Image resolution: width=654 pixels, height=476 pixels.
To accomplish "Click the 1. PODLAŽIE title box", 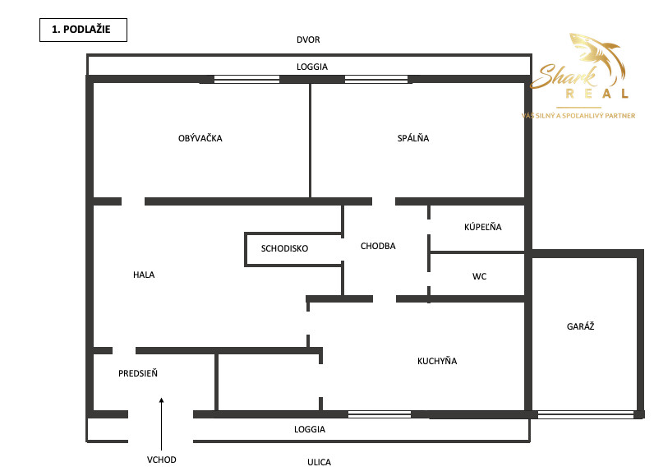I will point(82,30).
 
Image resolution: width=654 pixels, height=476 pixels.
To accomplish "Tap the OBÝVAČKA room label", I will point(200,138).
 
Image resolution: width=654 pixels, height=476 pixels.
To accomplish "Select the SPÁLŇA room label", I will point(412,138).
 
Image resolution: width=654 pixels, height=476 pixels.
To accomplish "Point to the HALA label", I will point(144,275).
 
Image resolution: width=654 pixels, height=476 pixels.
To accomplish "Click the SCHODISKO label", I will point(284,248).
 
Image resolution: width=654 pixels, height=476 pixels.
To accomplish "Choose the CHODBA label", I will point(378,246).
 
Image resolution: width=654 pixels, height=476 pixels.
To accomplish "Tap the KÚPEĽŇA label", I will point(482,227).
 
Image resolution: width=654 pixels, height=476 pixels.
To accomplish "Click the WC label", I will point(479,276).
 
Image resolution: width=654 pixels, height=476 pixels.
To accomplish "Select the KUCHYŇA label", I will point(437,361).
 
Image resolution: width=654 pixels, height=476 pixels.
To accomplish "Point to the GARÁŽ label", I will point(580,326).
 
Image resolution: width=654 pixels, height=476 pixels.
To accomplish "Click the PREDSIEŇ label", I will point(138,373).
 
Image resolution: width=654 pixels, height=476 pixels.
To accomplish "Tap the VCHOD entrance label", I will point(162,460).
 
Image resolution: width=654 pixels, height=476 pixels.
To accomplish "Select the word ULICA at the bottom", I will point(319,462).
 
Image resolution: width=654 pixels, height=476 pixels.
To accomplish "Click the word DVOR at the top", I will point(309,40).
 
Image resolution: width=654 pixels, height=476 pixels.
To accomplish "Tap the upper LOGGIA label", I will point(310,66).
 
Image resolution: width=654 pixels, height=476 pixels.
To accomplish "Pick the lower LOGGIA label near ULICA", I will point(310,429).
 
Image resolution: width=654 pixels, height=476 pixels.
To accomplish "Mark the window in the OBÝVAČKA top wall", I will point(246,80).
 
